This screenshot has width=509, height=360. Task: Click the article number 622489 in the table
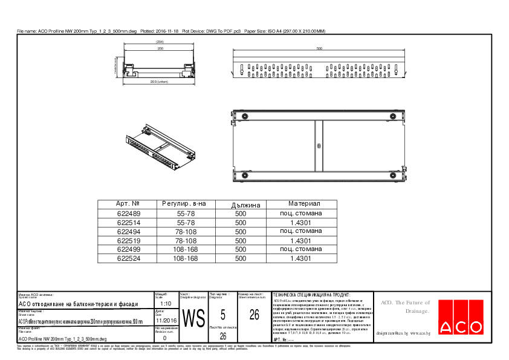point(128,214)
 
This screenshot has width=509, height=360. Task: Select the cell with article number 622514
point(128,223)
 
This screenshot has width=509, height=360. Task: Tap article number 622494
point(128,232)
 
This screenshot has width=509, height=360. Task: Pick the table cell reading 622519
point(128,241)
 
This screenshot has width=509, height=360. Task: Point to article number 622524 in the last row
point(128,258)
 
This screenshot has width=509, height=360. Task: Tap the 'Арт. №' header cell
point(128,205)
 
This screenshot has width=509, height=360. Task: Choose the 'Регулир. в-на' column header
point(184,205)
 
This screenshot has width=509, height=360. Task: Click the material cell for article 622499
point(300,249)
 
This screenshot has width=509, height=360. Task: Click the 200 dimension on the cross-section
point(160,48)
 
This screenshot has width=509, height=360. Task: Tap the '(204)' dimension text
point(160,41)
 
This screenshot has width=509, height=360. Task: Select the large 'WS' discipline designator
point(193,318)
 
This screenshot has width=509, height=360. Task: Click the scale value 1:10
point(167,304)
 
